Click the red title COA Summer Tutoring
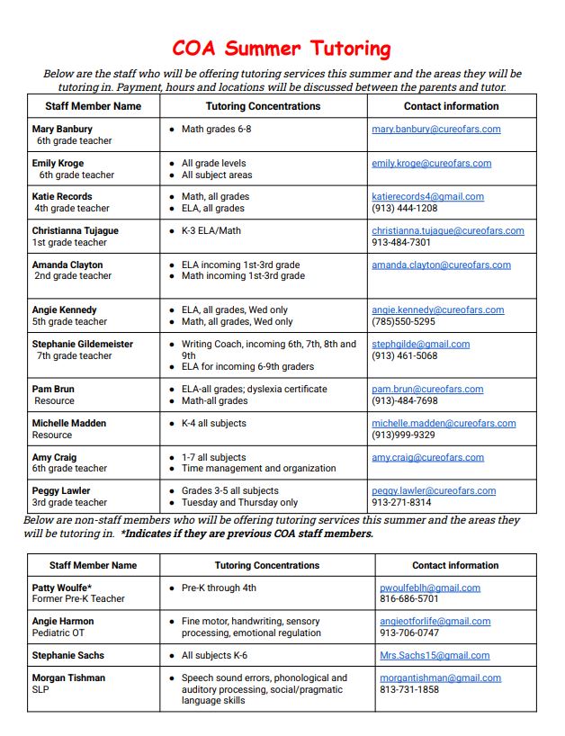click(282, 49)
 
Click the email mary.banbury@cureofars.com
click(435, 130)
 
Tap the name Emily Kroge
click(58, 164)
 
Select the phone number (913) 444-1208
click(404, 209)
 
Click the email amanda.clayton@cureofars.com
click(441, 265)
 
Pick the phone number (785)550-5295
click(404, 321)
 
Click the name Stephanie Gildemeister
click(82, 344)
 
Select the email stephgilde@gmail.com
click(420, 344)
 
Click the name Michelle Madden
click(68, 423)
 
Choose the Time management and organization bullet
click(258, 469)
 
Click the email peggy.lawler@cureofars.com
click(434, 491)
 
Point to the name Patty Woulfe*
click(61, 588)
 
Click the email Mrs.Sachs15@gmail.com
click(435, 656)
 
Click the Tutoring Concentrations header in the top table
click(263, 106)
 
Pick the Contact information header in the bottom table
click(455, 566)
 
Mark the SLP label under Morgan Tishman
click(41, 690)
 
